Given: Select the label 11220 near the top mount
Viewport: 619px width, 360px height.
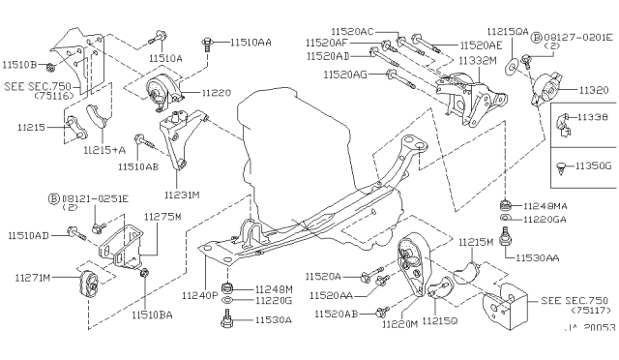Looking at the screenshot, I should pos(218,93).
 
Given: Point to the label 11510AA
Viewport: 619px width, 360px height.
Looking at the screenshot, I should pos(251,43).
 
